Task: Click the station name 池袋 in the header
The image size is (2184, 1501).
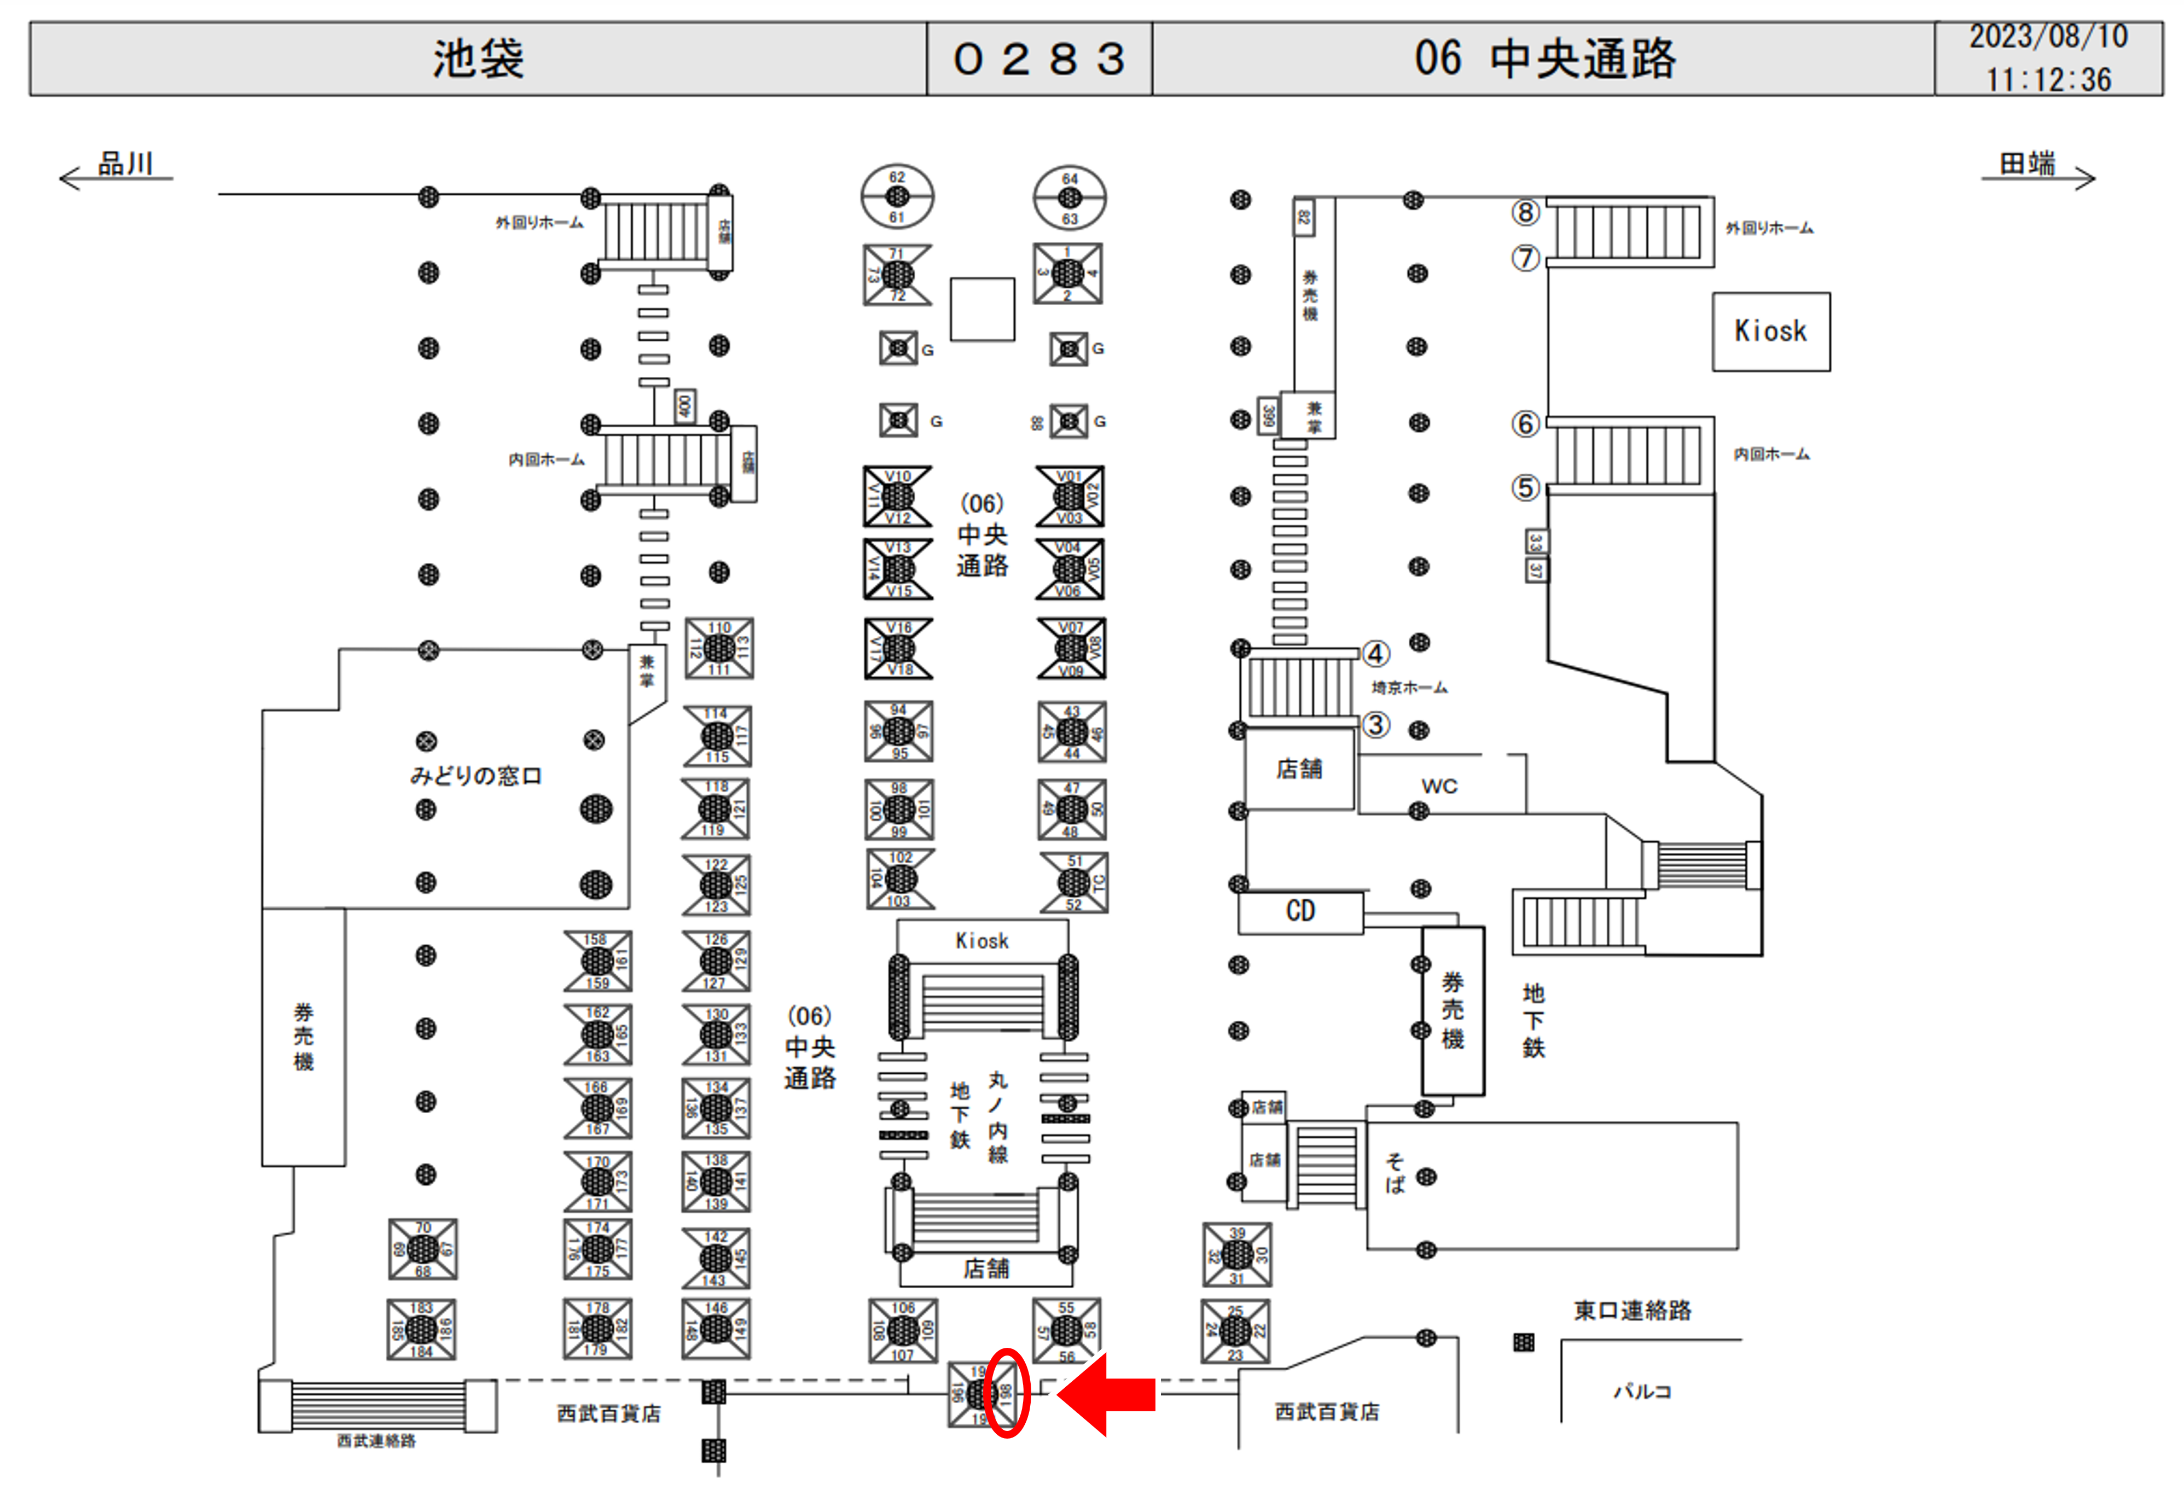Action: point(478,59)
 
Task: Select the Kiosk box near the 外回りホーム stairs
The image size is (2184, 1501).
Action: point(1770,331)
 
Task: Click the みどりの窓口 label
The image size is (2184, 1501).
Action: point(476,775)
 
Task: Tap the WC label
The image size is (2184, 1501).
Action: point(1439,786)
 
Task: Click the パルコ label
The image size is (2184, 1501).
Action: point(1642,1391)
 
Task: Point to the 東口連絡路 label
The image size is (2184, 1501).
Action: point(1633,1310)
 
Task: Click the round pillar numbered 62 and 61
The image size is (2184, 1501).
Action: point(897,196)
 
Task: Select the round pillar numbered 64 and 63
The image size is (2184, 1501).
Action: point(1070,197)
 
